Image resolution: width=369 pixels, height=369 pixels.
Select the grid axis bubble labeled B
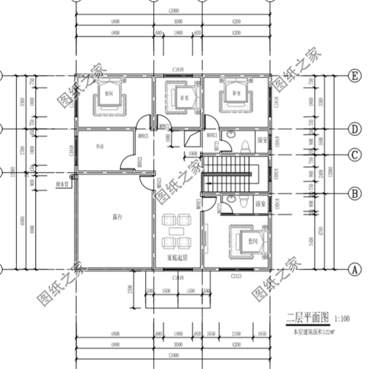354,194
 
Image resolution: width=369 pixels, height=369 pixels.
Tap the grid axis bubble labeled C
354,154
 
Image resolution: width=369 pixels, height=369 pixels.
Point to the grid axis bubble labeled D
354,129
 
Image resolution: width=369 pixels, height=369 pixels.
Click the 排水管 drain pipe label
62,184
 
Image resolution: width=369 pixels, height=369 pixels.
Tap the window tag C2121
237,275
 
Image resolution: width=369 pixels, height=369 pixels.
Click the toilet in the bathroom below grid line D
244,145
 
